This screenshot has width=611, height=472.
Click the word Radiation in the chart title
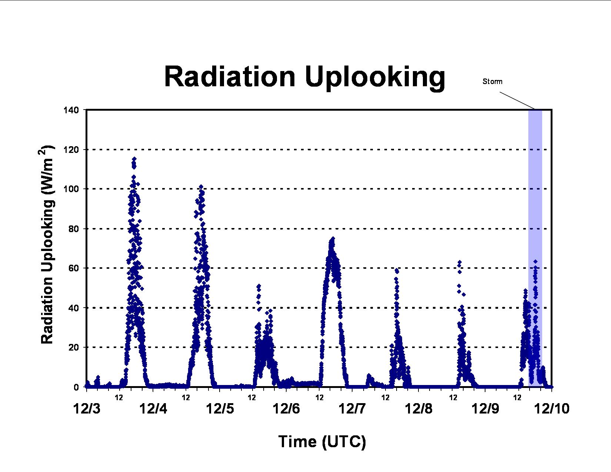[230, 77]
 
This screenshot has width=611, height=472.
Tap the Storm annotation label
[493, 81]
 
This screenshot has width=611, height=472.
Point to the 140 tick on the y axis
[71, 110]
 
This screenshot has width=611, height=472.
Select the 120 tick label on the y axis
[71, 150]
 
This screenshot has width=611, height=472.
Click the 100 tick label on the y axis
[71, 189]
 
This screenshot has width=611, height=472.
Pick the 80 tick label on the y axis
[74, 229]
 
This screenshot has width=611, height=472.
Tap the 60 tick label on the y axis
[74, 268]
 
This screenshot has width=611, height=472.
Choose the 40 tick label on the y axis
[74, 308]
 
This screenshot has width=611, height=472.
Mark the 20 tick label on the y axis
[74, 348]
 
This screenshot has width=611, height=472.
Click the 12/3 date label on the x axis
[87, 408]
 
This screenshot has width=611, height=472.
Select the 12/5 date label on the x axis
[220, 408]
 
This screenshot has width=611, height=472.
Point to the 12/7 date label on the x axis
[352, 408]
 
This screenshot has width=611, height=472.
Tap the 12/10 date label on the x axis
[552, 408]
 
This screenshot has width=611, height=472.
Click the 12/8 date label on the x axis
[419, 408]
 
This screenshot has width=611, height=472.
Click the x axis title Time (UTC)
[322, 442]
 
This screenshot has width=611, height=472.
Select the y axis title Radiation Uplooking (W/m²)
[46, 245]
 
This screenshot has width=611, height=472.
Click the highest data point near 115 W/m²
[134, 159]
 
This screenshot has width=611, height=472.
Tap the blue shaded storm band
[535, 247]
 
